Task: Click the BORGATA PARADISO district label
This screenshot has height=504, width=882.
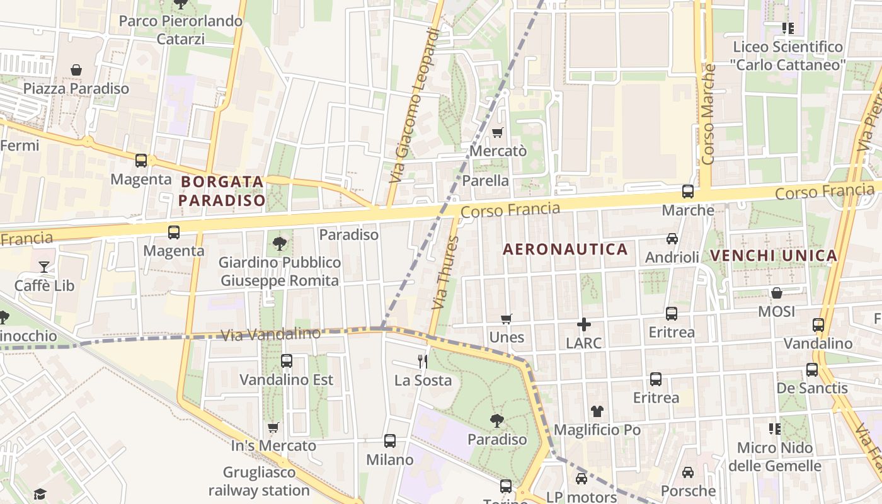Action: pyautogui.click(x=222, y=191)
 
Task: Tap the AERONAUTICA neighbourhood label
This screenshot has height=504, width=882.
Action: pyautogui.click(x=565, y=249)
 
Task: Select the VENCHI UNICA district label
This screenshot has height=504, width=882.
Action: pyautogui.click(x=774, y=256)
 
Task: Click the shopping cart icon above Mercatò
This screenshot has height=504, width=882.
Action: pyautogui.click(x=498, y=132)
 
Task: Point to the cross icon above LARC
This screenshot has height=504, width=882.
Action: pyautogui.click(x=584, y=324)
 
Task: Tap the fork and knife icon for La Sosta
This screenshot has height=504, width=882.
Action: pyautogui.click(x=423, y=361)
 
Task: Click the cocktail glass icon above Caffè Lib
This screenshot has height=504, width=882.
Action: pyautogui.click(x=44, y=266)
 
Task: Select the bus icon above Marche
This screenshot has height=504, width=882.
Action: pyautogui.click(x=688, y=191)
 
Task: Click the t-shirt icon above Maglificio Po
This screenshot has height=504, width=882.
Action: pyautogui.click(x=597, y=411)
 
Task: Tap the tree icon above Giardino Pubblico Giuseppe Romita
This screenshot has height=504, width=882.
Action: pyautogui.click(x=279, y=243)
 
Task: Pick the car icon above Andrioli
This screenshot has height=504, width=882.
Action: pyautogui.click(x=672, y=239)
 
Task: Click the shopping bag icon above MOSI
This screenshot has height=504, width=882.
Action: pyautogui.click(x=776, y=293)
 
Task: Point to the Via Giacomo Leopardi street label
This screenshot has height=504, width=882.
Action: pyautogui.click(x=414, y=106)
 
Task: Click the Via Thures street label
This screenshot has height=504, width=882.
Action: pyautogui.click(x=445, y=272)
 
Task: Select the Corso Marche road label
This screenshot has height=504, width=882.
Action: pyautogui.click(x=709, y=115)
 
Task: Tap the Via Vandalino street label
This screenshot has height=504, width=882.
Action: pyautogui.click(x=271, y=334)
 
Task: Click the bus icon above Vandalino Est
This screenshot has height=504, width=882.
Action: pyautogui.click(x=287, y=361)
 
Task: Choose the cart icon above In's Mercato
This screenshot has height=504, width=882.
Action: pyautogui.click(x=273, y=428)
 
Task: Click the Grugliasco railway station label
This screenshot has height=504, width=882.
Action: pyautogui.click(x=259, y=481)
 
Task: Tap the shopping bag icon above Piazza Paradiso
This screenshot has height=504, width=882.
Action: pyautogui.click(x=76, y=70)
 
